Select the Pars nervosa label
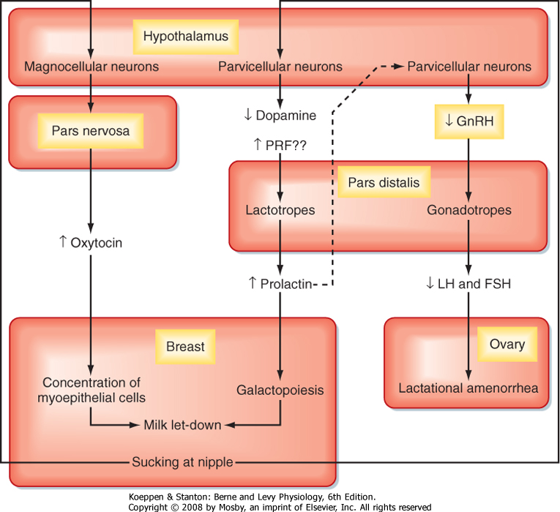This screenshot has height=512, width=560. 90,132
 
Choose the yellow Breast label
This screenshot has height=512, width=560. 185,346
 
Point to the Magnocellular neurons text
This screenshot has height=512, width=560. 92,67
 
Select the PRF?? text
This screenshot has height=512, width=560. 280,146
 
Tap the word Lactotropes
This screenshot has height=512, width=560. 280,211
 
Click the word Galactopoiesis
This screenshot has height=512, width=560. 280,391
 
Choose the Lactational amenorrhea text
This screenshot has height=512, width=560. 468,388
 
